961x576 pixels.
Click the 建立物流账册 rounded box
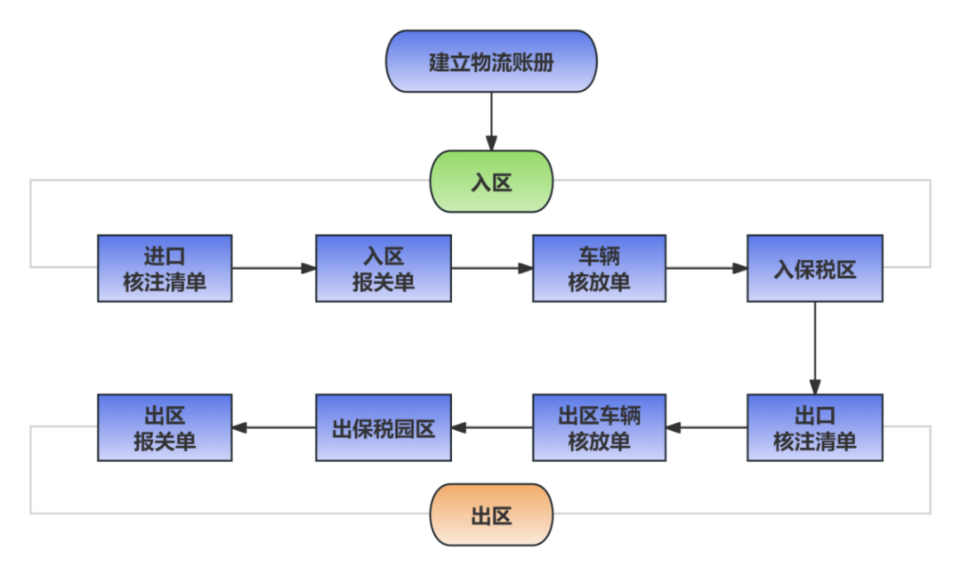pyautogui.click(x=491, y=62)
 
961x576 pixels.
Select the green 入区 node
pyautogui.click(x=491, y=182)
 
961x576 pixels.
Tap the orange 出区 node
pyautogui.click(x=491, y=515)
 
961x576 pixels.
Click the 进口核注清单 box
pyautogui.click(x=165, y=269)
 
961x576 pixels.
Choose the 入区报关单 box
pyautogui.click(x=383, y=269)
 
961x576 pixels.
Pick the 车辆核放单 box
pyautogui.click(x=599, y=269)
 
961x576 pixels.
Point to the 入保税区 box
pyautogui.click(x=814, y=269)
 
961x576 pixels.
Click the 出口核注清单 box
pyautogui.click(x=814, y=427)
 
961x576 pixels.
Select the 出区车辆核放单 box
pyautogui.click(x=599, y=427)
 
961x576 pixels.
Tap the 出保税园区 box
pyautogui.click(x=383, y=427)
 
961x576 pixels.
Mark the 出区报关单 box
pyautogui.click(x=165, y=427)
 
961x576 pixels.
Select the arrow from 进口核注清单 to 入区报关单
pyautogui.click(x=274, y=268)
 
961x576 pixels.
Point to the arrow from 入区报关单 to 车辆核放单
pyautogui.click(x=491, y=268)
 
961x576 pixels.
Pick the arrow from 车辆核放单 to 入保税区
pyautogui.click(x=707, y=268)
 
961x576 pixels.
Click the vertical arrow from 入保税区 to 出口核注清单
pyautogui.click(x=814, y=347)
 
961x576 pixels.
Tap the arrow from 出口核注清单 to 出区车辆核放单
pyautogui.click(x=707, y=427)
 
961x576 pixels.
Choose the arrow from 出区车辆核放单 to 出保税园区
pyautogui.click(x=491, y=427)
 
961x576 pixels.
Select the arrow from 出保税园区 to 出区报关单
pyautogui.click(x=274, y=427)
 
